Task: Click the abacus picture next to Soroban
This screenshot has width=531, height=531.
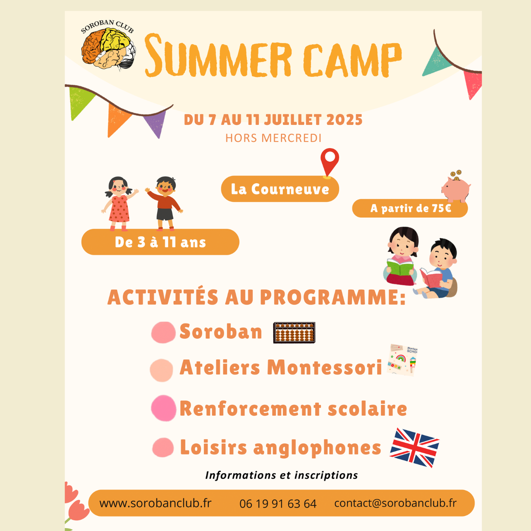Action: click(294, 332)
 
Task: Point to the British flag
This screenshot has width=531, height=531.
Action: click(414, 448)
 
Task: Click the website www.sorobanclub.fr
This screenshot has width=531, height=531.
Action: click(155, 503)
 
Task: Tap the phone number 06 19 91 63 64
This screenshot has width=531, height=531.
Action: click(278, 504)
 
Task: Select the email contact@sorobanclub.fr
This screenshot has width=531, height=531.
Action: click(395, 503)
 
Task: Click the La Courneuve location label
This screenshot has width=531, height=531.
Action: click(280, 189)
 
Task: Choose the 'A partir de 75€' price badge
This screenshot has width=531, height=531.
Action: click(410, 208)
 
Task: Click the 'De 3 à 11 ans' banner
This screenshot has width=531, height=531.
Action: click(160, 242)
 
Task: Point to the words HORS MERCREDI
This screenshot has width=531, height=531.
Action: click(273, 138)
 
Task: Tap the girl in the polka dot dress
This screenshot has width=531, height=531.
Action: click(120, 203)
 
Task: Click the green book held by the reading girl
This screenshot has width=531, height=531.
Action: click(400, 267)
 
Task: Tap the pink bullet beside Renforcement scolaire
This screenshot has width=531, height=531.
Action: click(163, 408)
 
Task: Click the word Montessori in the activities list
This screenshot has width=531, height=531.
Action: click(325, 367)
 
